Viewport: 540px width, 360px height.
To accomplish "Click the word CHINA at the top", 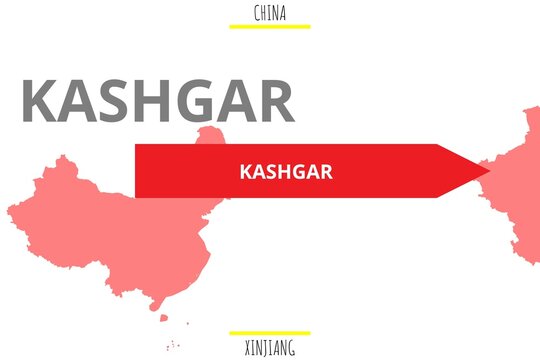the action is tap(270, 13).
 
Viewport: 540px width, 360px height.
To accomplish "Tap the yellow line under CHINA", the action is tap(270, 26).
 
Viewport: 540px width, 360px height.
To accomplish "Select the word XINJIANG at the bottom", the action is tap(270, 348).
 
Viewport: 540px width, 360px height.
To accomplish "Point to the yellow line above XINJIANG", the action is tap(270, 333).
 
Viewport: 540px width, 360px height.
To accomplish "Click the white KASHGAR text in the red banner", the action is tap(286, 172).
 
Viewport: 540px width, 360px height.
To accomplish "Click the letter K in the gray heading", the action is tap(41, 101).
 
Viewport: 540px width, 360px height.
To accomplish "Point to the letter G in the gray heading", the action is tap(196, 101).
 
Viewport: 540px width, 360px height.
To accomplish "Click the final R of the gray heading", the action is tap(275, 101).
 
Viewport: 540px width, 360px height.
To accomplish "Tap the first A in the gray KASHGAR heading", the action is tap(79, 101).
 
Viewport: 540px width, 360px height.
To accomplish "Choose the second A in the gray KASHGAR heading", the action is tap(236, 101).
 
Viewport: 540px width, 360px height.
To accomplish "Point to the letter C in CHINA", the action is tap(258, 13).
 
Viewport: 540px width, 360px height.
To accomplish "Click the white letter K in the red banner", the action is tap(246, 172).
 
